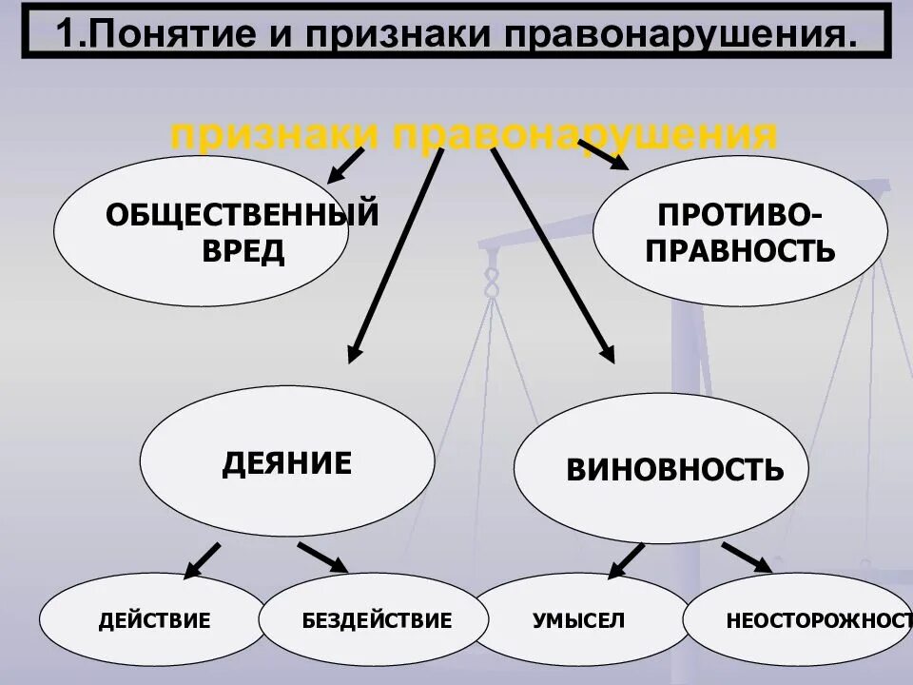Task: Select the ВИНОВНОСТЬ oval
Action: coord(661,469)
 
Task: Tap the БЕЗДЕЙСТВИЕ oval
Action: coord(375,622)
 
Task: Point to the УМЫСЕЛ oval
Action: coord(578,622)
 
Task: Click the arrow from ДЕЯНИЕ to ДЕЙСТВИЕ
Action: coord(202,560)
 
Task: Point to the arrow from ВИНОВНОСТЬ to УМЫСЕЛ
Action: coord(625,560)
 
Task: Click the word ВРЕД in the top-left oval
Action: coord(243,252)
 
